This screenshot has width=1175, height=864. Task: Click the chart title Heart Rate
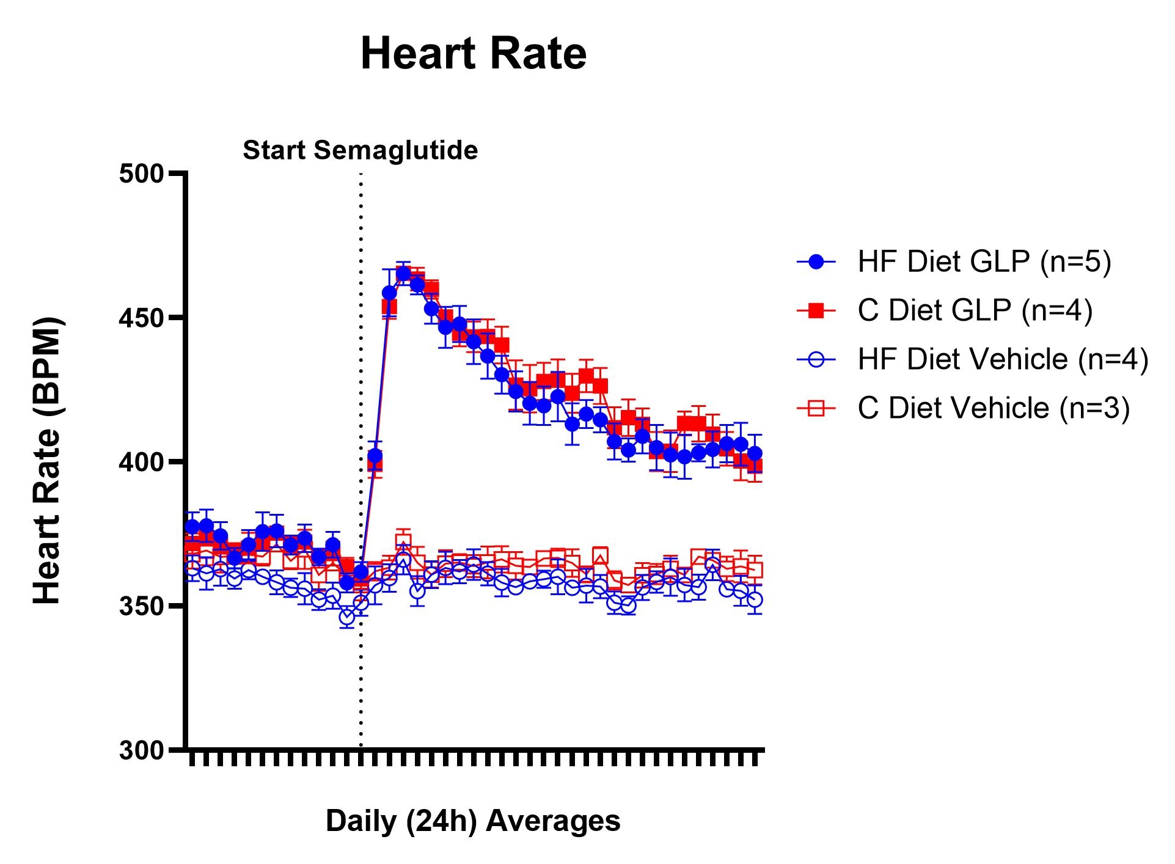(x=474, y=54)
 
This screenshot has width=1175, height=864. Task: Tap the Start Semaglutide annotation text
(x=360, y=150)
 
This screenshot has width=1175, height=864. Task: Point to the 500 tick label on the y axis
(x=142, y=174)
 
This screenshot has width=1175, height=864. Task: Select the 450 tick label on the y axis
(x=142, y=318)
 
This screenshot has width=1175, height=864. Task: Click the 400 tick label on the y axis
(x=142, y=462)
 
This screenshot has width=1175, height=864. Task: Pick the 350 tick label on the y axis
(x=142, y=606)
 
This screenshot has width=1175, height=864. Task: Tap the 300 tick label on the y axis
(x=142, y=750)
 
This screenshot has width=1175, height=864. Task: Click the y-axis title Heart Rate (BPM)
(x=48, y=461)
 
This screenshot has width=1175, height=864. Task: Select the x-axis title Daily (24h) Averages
(x=473, y=821)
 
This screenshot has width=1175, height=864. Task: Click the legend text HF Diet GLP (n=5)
(x=984, y=262)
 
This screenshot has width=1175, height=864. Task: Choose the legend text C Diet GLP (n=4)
(x=975, y=310)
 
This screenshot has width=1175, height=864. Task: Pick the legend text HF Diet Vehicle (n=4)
(x=1003, y=359)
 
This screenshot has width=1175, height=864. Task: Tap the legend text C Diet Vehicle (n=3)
(x=994, y=408)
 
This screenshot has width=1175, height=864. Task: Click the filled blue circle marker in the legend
(x=816, y=262)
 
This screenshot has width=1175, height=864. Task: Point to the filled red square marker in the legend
(x=816, y=311)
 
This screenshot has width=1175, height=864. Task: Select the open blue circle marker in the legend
(x=816, y=360)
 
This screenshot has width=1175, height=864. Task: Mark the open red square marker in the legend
(x=816, y=409)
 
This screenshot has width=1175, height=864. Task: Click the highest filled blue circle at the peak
(x=403, y=273)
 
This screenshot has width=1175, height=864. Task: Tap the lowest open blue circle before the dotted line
(x=347, y=617)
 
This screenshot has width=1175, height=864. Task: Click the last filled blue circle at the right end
(x=755, y=453)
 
